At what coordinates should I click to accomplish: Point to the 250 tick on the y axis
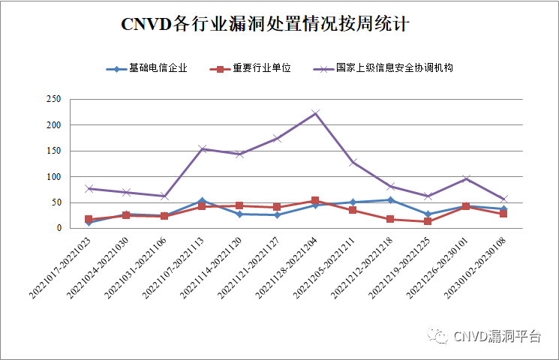click(x=53, y=99)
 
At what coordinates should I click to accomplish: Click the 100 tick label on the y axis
click(x=53, y=177)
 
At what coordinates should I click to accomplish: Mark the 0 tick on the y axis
click(x=57, y=229)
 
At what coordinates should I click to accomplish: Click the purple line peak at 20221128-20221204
click(x=316, y=113)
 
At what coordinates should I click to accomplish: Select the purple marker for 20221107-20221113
click(x=202, y=148)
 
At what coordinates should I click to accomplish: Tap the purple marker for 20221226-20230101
click(x=466, y=178)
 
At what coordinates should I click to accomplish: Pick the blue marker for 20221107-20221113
click(x=202, y=200)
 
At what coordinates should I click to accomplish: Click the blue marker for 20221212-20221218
click(x=391, y=199)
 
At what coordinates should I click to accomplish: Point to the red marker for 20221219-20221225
click(x=428, y=222)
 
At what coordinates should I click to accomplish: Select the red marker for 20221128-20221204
click(x=316, y=200)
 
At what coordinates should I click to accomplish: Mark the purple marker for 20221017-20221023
click(x=89, y=188)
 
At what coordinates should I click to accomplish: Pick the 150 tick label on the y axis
click(x=53, y=151)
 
